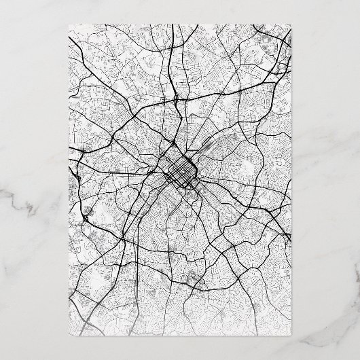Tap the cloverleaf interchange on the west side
click(x=88, y=218)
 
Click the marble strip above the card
click(x=180, y=12)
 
